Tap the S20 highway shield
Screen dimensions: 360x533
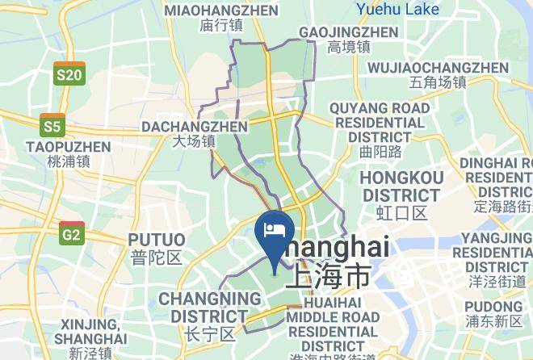pos(69,74)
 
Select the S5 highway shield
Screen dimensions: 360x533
pos(52,126)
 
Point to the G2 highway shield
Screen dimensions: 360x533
pos(72,234)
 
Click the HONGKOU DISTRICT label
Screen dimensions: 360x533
pos(401,186)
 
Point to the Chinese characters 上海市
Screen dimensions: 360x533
pos(327,277)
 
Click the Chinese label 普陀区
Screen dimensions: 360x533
pos(157,257)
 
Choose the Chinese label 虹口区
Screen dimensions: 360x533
pos(401,213)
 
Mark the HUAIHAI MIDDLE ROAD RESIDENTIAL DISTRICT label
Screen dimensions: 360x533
pos(332,324)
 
